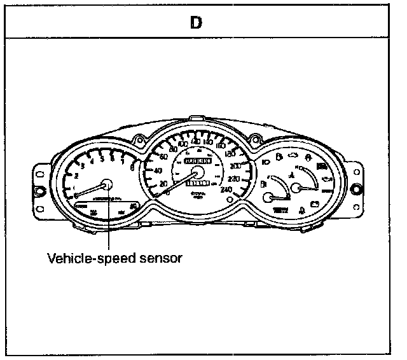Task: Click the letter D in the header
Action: click(x=197, y=22)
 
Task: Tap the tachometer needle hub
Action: click(x=106, y=184)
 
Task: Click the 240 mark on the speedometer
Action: click(x=226, y=189)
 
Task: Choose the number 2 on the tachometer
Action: click(x=76, y=175)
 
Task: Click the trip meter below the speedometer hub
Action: click(x=197, y=182)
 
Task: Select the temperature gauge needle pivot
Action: click(x=296, y=188)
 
